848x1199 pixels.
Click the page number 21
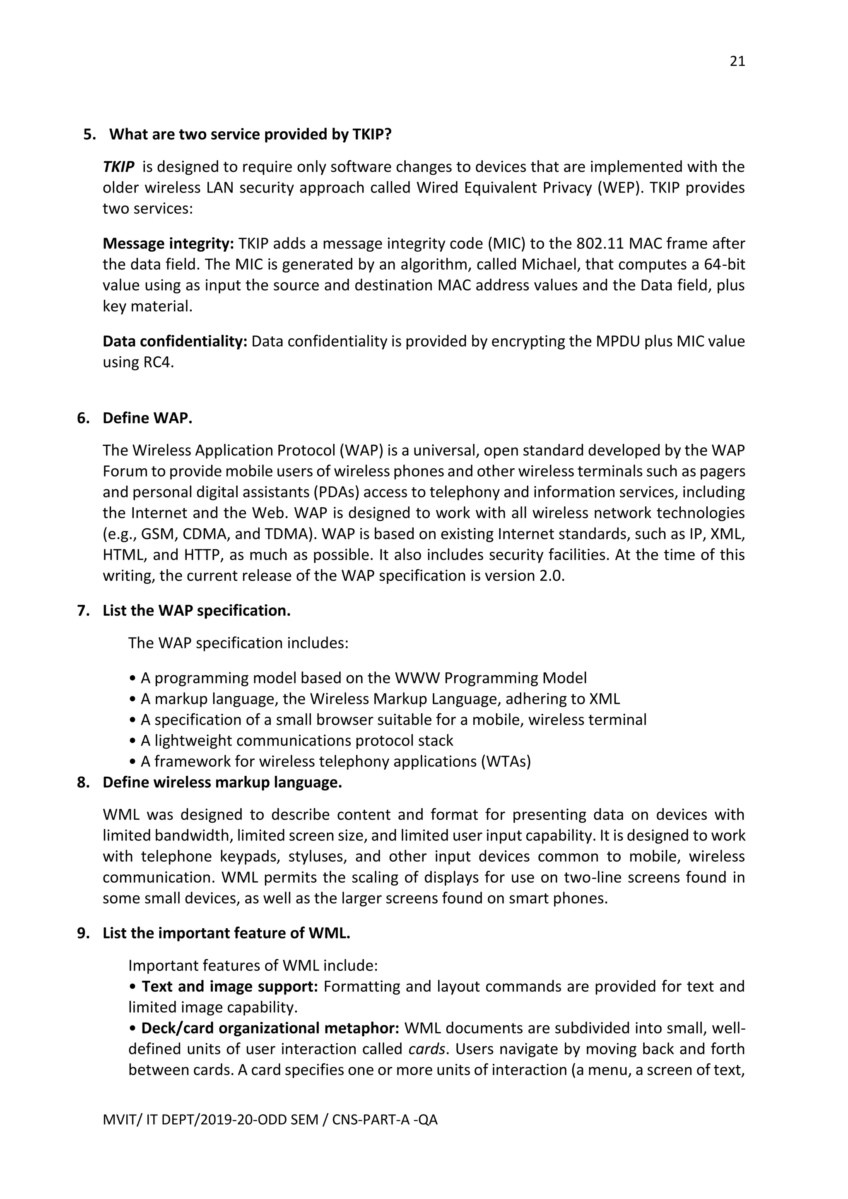pos(737,62)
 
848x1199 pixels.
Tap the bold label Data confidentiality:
pos(175,341)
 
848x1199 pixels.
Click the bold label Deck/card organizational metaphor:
pos(270,1028)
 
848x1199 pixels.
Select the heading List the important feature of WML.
pos(226,933)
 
